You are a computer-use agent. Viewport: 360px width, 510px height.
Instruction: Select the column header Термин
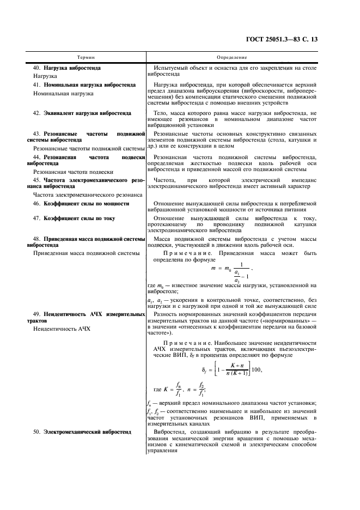87,57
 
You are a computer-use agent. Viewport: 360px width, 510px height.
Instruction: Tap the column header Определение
231,57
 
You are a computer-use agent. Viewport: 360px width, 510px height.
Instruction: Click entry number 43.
37,133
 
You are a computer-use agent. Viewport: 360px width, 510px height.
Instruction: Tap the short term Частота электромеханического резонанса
88,195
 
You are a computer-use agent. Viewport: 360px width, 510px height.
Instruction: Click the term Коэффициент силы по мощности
86,204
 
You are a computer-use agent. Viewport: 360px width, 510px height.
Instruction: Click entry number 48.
37,239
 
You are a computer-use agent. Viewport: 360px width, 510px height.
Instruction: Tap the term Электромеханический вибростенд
87,432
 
